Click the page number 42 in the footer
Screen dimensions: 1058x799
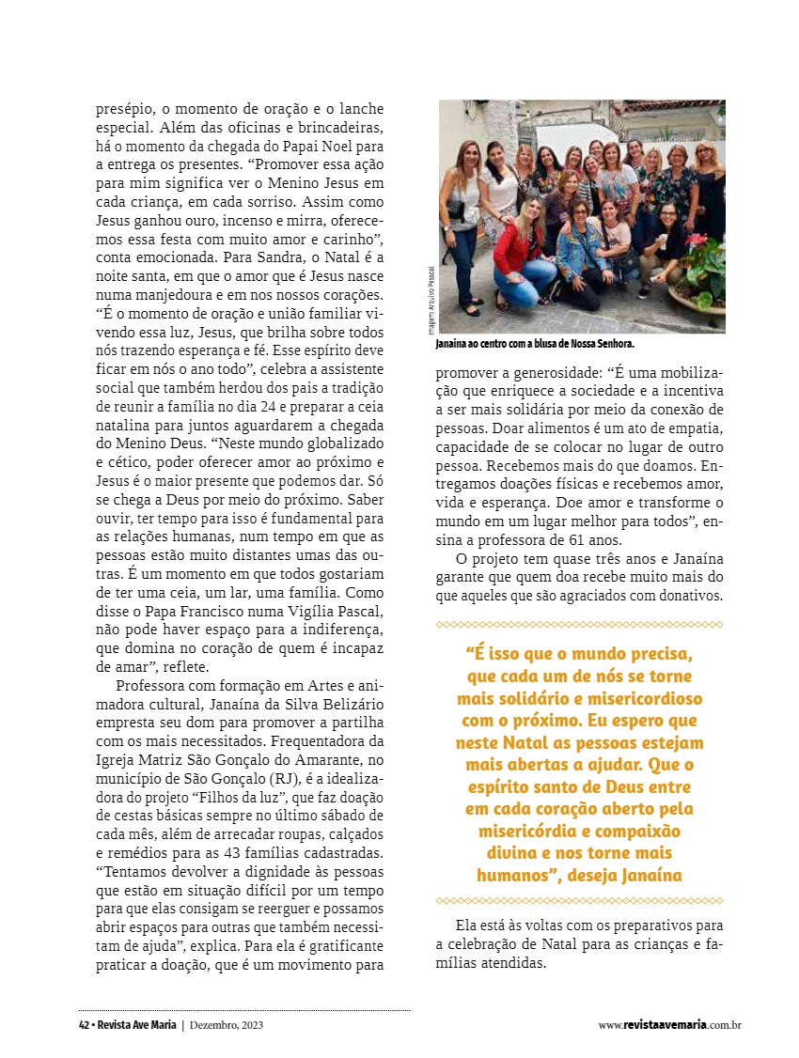pos(84,1025)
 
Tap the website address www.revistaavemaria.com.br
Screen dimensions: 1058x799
pos(669,1025)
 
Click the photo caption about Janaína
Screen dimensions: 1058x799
pos(535,345)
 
